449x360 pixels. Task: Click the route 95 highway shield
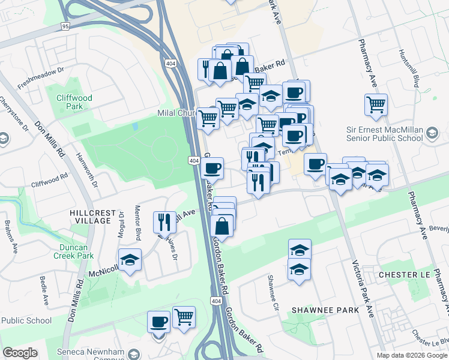tap(65, 26)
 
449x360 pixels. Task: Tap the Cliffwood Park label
tap(74, 102)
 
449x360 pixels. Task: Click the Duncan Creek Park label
tap(76, 251)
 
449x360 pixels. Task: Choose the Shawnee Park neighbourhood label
tap(325, 310)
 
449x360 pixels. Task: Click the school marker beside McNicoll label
tap(130, 260)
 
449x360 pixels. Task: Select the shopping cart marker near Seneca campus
tap(184, 317)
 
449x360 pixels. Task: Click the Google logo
tap(20, 353)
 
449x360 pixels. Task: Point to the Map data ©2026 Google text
tap(412, 355)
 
